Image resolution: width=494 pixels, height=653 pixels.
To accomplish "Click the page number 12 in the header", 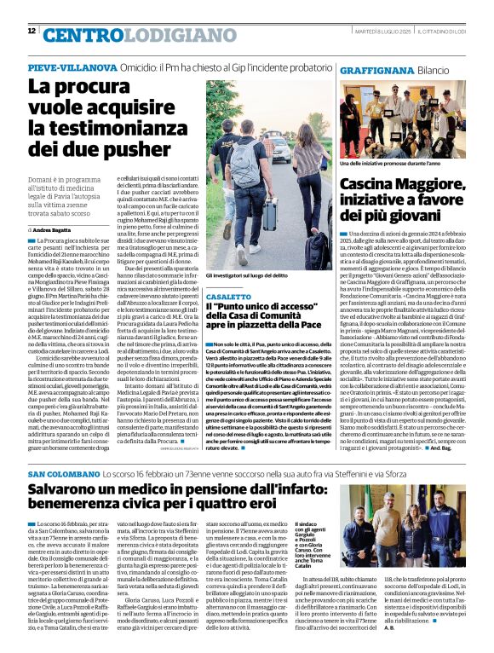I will coord(32,31).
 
